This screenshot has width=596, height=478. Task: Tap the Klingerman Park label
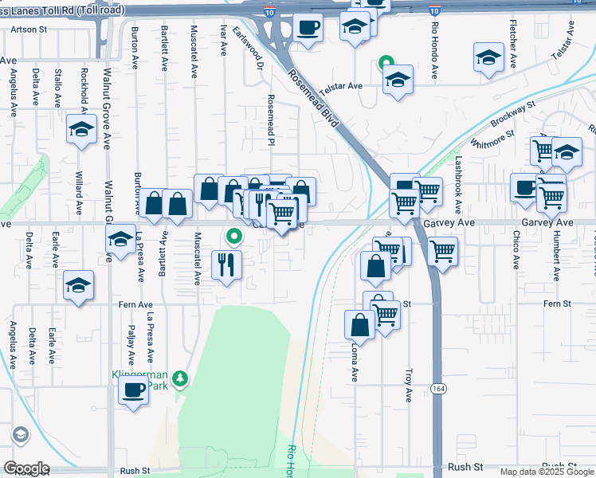(144, 378)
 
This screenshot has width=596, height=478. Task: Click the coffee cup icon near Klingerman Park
(133, 391)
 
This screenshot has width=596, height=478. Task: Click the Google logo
(25, 468)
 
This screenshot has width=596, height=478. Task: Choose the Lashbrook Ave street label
(458, 184)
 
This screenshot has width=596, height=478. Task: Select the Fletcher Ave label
(513, 49)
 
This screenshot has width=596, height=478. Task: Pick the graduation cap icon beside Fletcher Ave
(488, 58)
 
